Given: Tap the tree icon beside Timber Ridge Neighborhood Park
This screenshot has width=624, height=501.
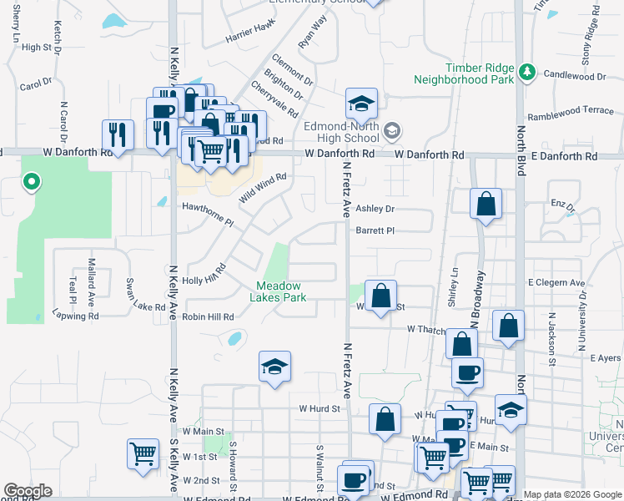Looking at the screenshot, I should [x=527, y=73].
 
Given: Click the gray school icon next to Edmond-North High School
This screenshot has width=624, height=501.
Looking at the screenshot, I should [x=392, y=130].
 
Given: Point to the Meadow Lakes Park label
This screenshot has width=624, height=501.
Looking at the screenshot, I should [x=279, y=291].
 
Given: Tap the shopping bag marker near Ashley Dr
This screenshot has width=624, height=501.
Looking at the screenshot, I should [x=486, y=205].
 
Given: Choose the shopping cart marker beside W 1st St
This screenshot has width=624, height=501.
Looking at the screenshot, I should [x=143, y=454].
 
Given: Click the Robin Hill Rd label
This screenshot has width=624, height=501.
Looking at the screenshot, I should [x=209, y=317].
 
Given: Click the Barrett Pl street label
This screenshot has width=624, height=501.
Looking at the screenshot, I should [x=374, y=230].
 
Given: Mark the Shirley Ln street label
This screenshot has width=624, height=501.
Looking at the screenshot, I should [x=455, y=287].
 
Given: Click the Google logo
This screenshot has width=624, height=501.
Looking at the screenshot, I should [x=28, y=491].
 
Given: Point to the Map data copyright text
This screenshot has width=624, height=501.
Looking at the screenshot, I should [x=571, y=494].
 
